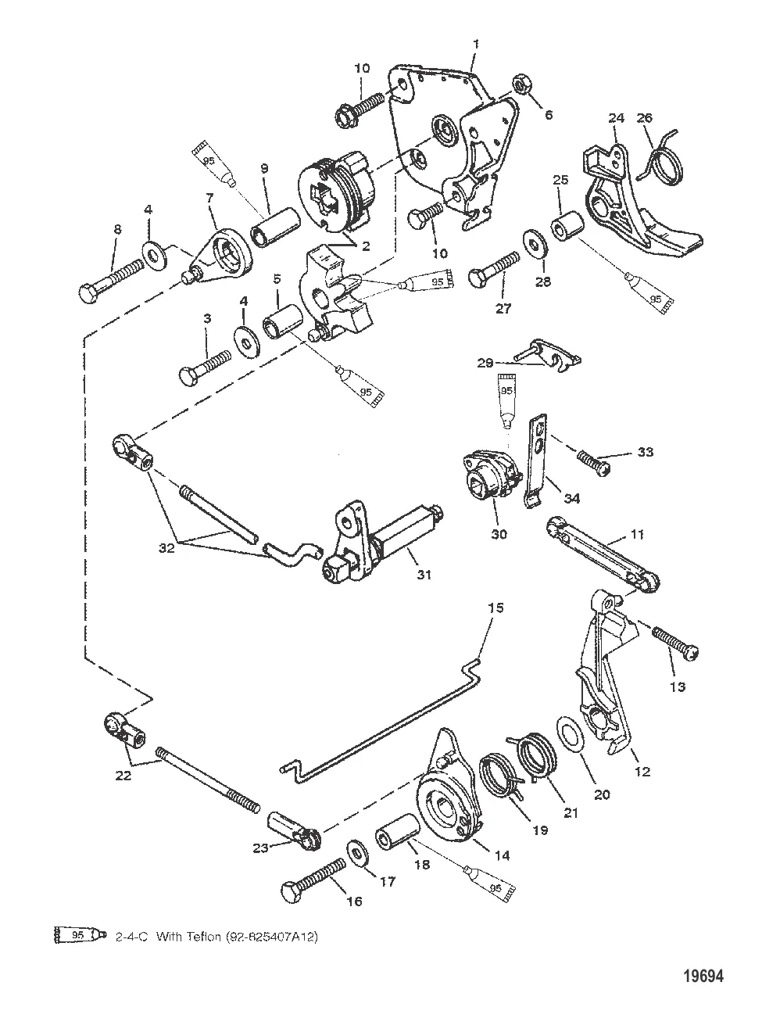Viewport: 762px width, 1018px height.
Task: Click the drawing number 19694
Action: click(703, 976)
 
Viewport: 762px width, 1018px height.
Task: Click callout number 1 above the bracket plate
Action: click(476, 44)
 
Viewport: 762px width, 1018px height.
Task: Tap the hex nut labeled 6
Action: click(520, 84)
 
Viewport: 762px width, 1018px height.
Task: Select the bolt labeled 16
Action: click(313, 877)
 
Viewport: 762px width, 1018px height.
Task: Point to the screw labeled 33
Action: click(595, 458)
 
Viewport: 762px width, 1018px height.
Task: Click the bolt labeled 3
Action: click(205, 365)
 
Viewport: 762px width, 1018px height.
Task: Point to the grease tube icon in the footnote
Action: click(78, 934)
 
